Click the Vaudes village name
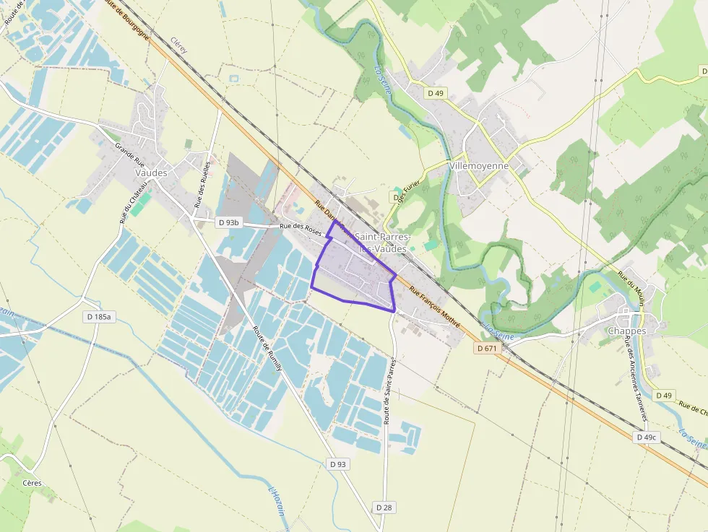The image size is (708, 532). tap(151, 173)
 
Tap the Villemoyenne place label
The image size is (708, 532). tap(479, 165)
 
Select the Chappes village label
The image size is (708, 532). tap(626, 331)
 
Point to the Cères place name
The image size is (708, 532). tap(32, 483)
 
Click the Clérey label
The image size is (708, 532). tap(179, 46)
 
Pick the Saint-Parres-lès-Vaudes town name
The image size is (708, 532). tap(382, 243)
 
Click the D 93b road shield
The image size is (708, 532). tap(228, 223)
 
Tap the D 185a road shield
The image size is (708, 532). tap(100, 316)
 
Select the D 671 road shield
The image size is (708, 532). tap(488, 348)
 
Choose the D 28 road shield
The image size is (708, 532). tap(384, 507)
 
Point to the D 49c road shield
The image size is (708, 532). tap(647, 437)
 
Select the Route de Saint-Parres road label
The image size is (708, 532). tap(392, 390)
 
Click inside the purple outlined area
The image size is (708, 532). tap(352, 278)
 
